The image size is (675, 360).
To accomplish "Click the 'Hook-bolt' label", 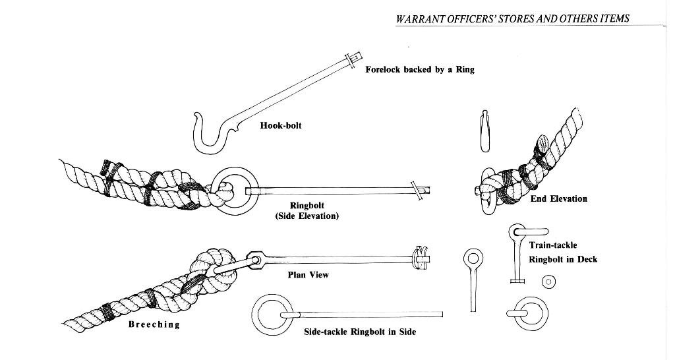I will [281, 125].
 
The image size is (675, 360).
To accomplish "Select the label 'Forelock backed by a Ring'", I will [420, 69].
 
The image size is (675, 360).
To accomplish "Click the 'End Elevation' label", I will [559, 198].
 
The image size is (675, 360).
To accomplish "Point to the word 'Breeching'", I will [154, 324].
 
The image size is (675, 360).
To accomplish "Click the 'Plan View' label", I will [308, 275].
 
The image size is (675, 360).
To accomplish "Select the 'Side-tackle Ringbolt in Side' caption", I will [360, 332].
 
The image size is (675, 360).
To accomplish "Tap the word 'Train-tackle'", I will [553, 245].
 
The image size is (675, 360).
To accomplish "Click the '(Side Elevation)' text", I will [307, 216].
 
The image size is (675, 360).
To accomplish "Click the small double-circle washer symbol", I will [548, 283].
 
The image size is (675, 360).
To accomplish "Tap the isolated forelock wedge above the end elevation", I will [483, 131].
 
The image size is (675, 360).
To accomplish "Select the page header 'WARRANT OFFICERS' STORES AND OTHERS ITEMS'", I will [512, 18].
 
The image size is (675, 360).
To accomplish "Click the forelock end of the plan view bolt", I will [420, 258].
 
